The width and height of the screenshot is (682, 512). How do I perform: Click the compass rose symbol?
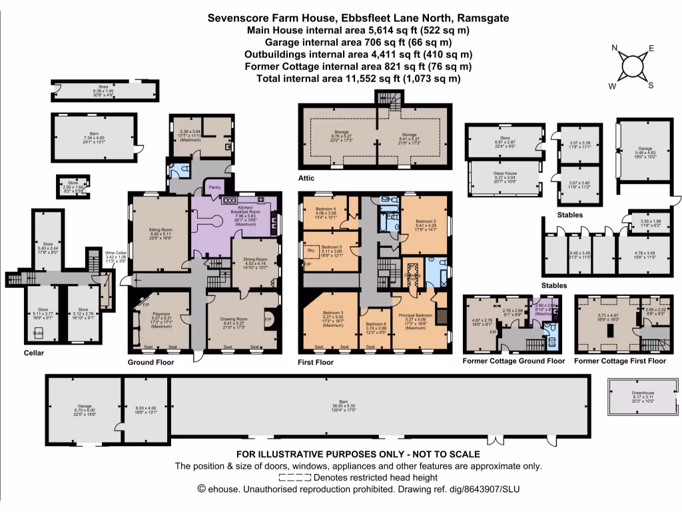coord(631,67)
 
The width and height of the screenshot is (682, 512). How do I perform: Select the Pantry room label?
coord(214,188)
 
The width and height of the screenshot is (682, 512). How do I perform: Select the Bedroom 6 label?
coord(377,323)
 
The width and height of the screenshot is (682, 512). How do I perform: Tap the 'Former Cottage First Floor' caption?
coord(619,361)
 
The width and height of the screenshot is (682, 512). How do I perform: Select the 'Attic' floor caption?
coord(308,179)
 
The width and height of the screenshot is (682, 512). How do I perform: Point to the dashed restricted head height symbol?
coord(294,477)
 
